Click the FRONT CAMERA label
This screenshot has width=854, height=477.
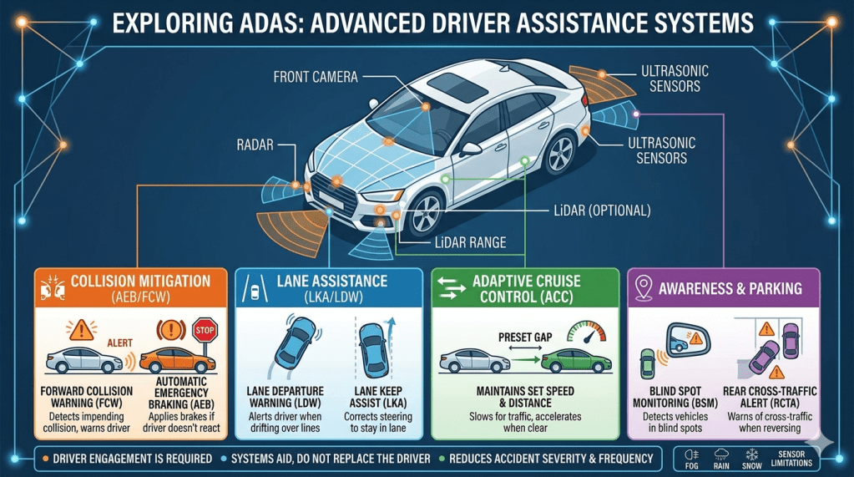(x=316, y=78)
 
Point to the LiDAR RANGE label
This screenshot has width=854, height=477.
(x=457, y=243)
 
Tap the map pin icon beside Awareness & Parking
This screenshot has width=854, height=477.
(x=644, y=289)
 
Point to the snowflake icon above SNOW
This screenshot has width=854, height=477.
(x=750, y=454)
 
